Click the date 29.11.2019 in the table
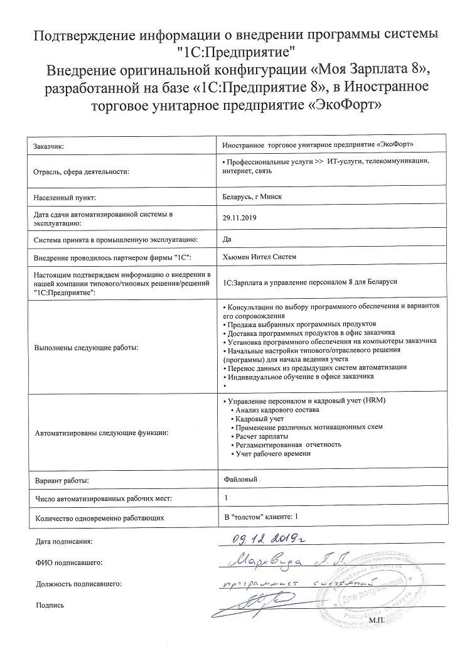click(237, 217)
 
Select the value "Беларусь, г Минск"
click(252, 196)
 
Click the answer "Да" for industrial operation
click(227, 238)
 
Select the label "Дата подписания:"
click(64, 540)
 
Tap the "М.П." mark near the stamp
click(380, 619)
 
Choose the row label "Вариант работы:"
click(62, 481)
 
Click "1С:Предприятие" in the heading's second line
click(233, 49)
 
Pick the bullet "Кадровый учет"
click(258, 418)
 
